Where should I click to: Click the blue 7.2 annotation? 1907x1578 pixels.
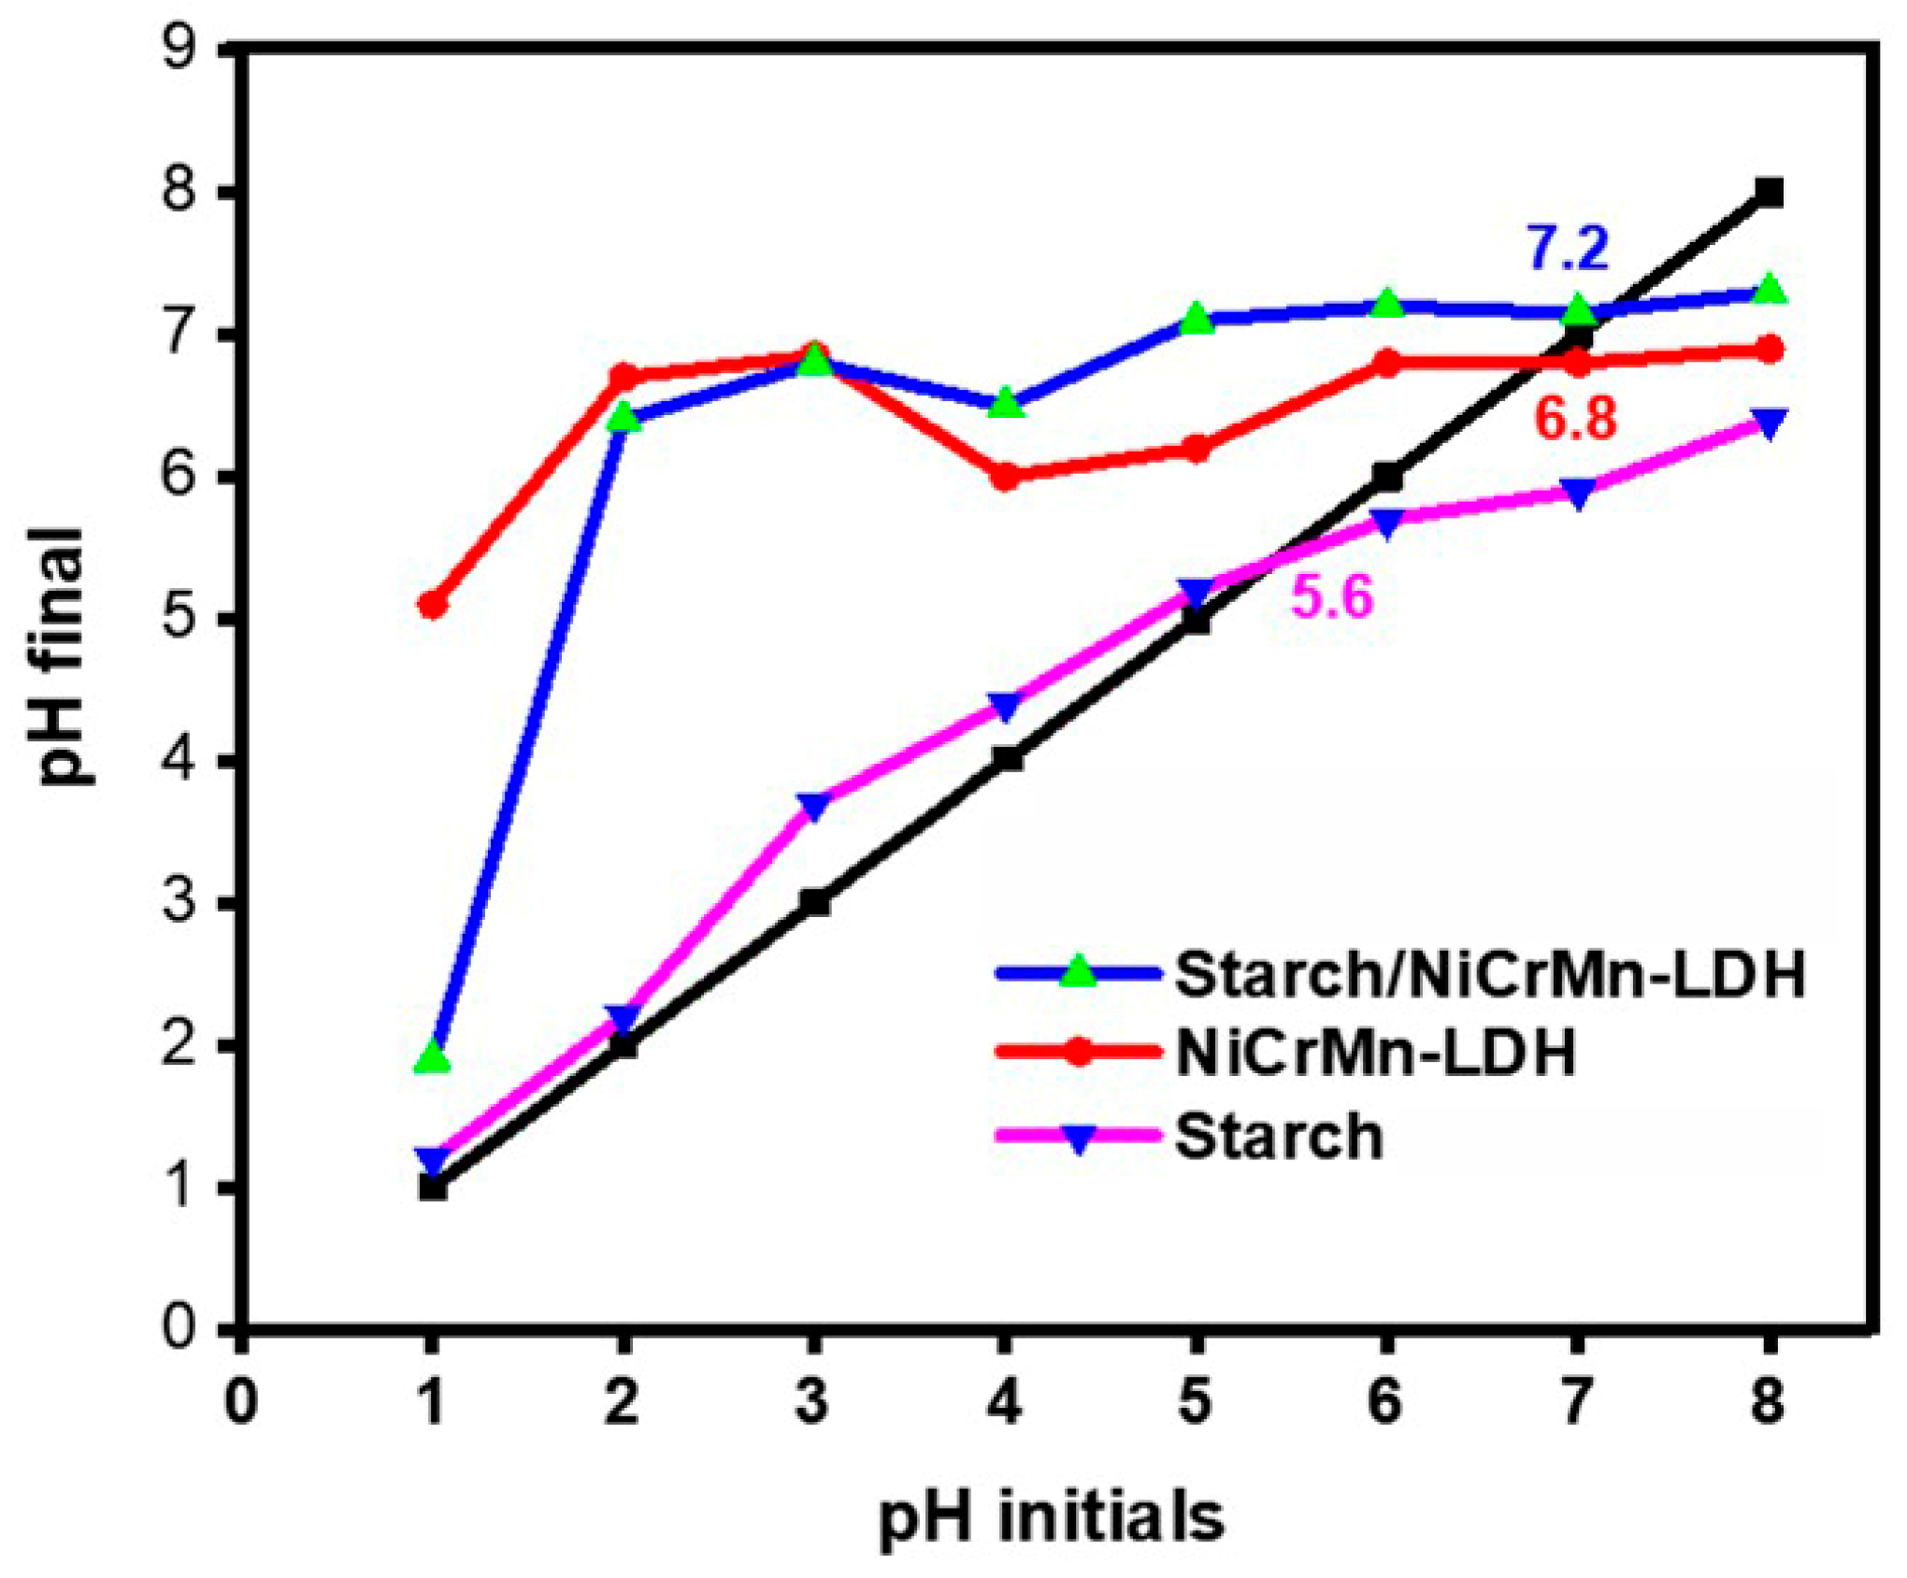pyautogui.click(x=1568, y=249)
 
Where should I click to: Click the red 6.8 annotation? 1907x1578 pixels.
pyautogui.click(x=1575, y=419)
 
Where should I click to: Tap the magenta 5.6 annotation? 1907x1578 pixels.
pyautogui.click(x=1332, y=596)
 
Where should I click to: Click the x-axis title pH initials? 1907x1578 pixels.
pyautogui.click(x=1052, y=1518)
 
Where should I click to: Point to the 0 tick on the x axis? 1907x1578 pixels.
pyautogui.click(x=241, y=1402)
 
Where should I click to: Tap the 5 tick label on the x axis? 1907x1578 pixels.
pyautogui.click(x=1196, y=1402)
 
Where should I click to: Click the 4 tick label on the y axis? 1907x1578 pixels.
pyautogui.click(x=179, y=761)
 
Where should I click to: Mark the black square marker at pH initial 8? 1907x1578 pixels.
pyautogui.click(x=1769, y=194)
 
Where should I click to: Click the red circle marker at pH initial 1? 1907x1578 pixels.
pyautogui.click(x=432, y=606)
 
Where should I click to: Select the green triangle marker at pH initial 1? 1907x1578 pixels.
pyautogui.click(x=432, y=1057)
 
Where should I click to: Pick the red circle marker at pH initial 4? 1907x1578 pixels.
pyautogui.click(x=1005, y=477)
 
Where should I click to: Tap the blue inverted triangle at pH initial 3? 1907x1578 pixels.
pyautogui.click(x=813, y=806)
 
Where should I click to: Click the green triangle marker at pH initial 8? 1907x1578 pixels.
pyautogui.click(x=1769, y=289)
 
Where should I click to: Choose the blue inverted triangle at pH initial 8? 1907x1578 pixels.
pyautogui.click(x=1769, y=422)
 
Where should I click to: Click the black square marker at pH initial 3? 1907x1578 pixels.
pyautogui.click(x=813, y=903)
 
